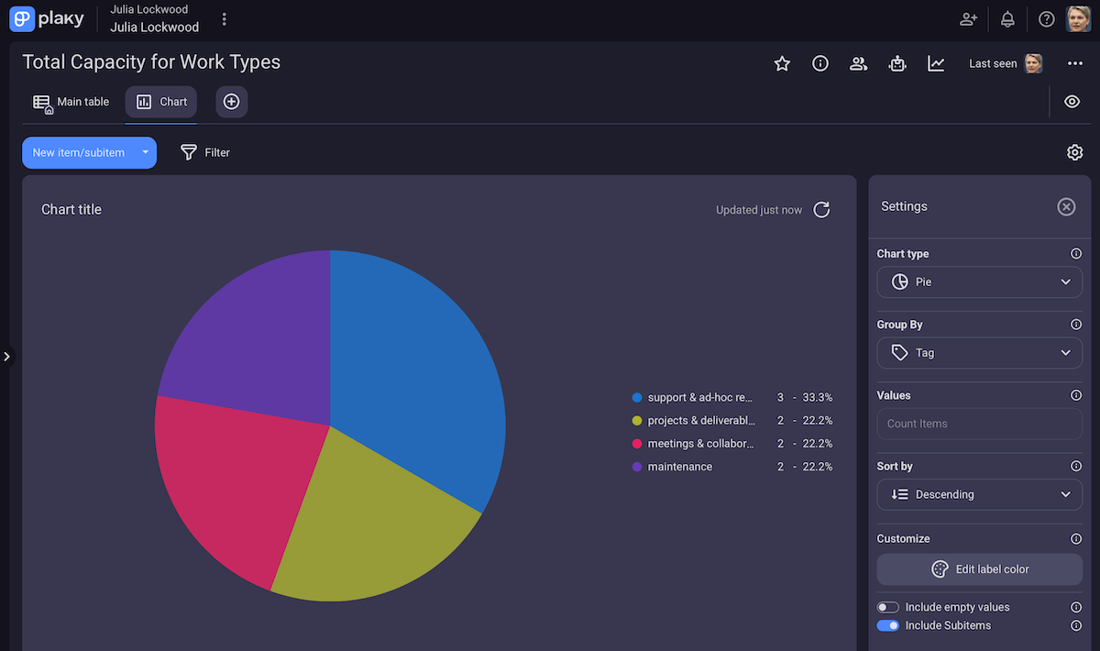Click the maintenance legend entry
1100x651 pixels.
679,467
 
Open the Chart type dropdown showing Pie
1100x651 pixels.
979,282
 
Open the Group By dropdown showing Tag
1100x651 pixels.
979,353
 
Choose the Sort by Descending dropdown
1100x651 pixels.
979,494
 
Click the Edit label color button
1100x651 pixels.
979,569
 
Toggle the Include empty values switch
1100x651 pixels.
887,607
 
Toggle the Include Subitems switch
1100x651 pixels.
887,625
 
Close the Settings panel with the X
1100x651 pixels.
1066,206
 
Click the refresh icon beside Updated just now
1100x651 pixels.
822,210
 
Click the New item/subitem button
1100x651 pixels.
79,153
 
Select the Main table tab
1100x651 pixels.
71,102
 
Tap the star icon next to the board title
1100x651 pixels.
782,63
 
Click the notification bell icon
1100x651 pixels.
1007,19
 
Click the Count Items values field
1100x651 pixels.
979,424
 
